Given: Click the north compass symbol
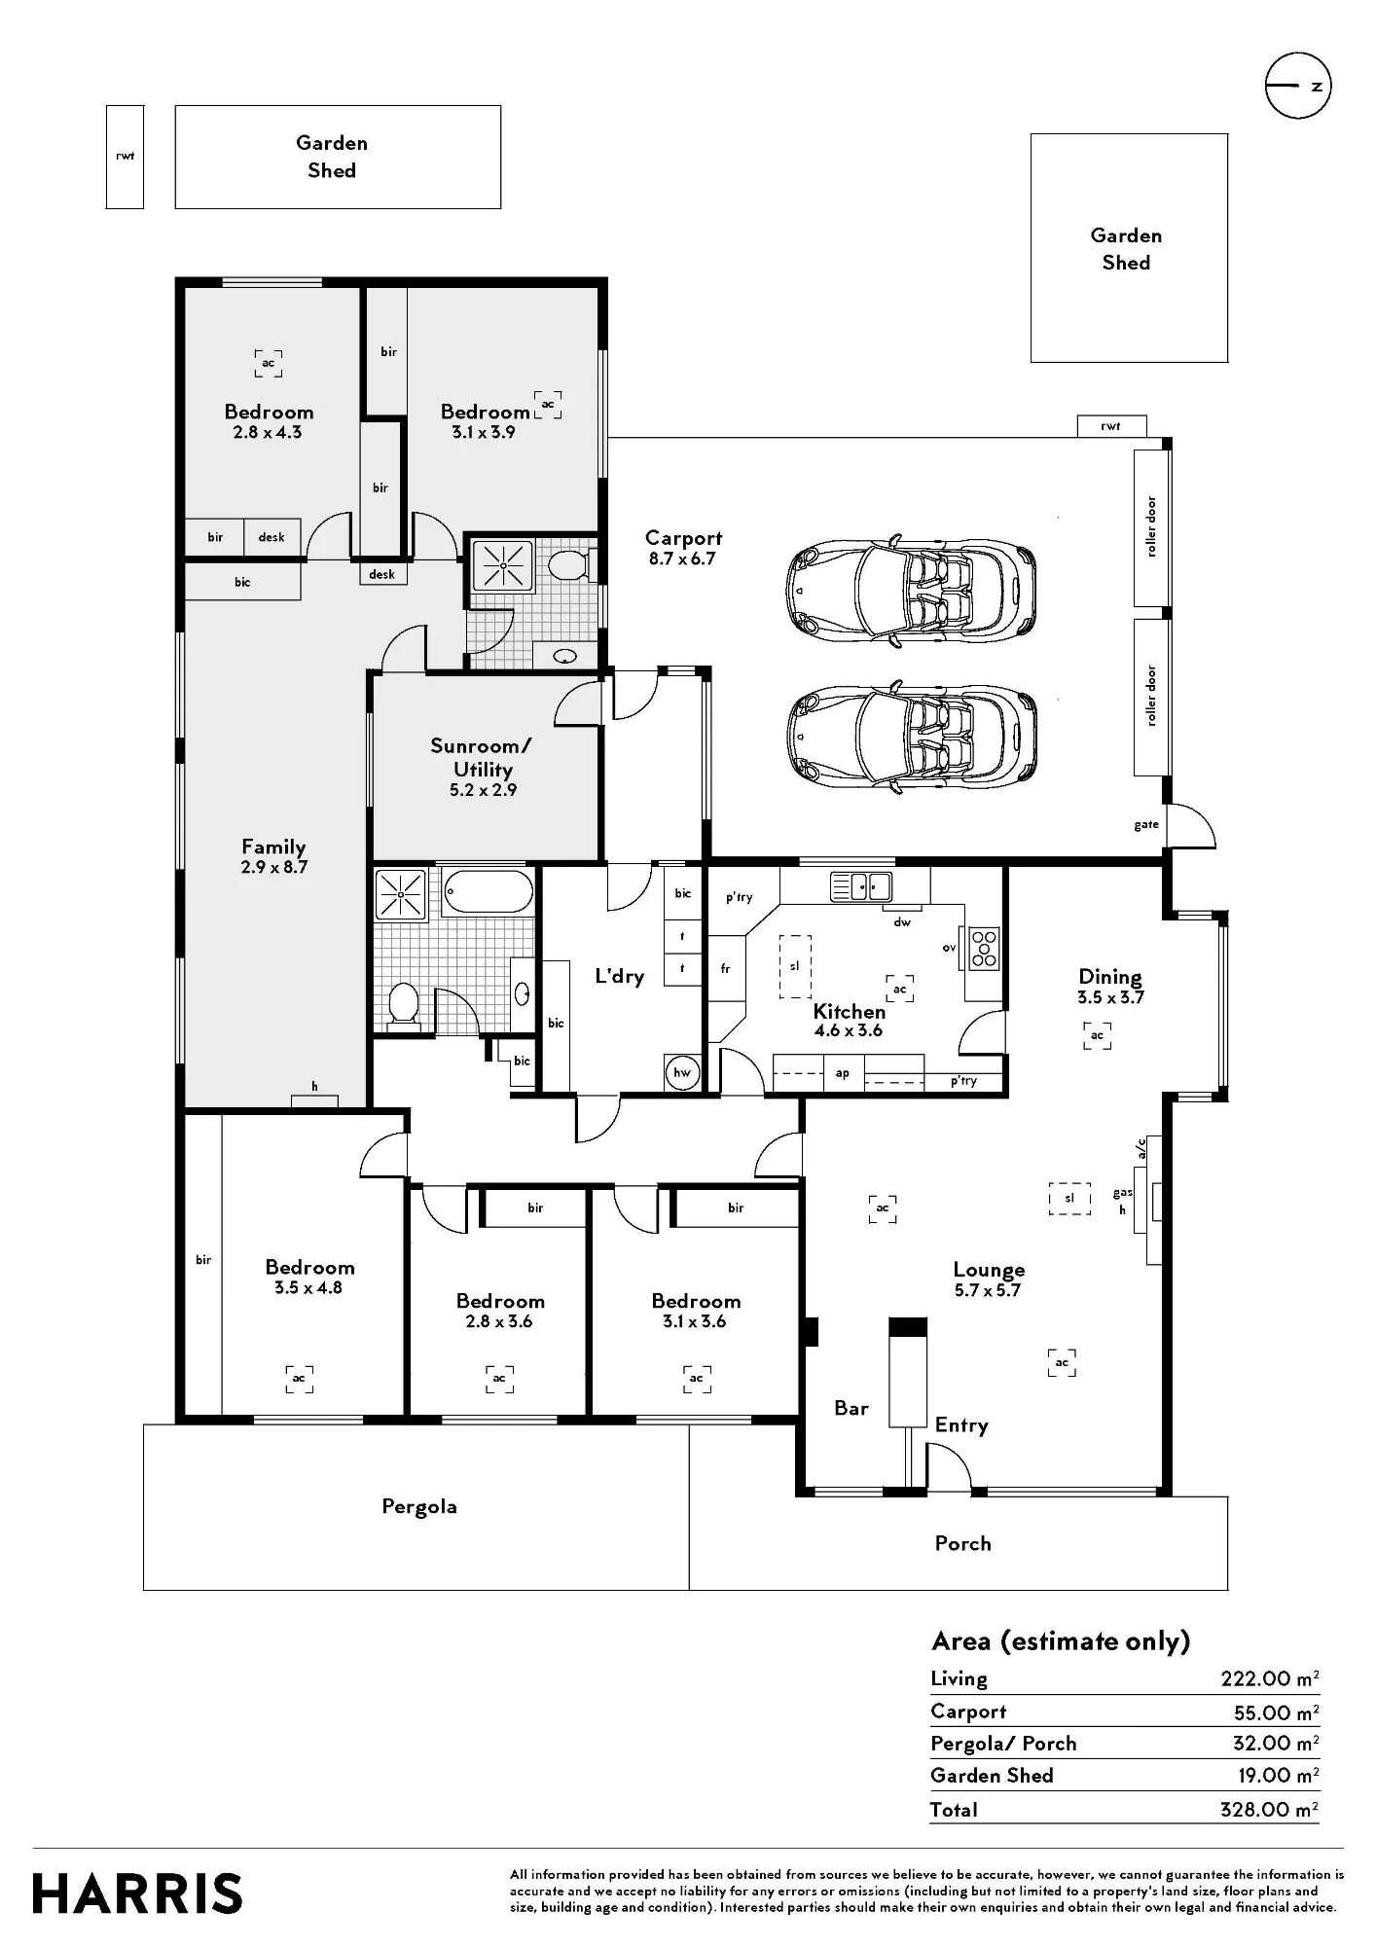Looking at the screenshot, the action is [1298, 86].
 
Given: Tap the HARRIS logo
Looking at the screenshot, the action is [137, 1893].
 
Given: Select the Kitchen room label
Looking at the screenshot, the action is [850, 1011].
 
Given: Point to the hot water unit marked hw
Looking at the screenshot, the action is [682, 1073].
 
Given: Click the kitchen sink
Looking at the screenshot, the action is [861, 886].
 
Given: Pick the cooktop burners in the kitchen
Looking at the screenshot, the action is [984, 948].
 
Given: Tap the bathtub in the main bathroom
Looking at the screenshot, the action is [489, 890].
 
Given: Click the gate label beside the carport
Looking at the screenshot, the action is [1146, 825].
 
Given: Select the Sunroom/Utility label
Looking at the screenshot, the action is [482, 757].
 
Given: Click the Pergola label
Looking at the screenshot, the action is [419, 1507].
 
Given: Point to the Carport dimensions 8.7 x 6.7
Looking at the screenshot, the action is [682, 559].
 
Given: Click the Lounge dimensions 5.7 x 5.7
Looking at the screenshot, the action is [988, 1290].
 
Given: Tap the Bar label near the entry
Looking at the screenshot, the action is [851, 1408].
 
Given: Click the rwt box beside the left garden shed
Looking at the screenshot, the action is [125, 157].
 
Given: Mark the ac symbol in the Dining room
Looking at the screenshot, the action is [1098, 1035].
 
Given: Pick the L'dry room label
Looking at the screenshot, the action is [620, 975].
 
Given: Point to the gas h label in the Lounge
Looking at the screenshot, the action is [1123, 1201].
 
